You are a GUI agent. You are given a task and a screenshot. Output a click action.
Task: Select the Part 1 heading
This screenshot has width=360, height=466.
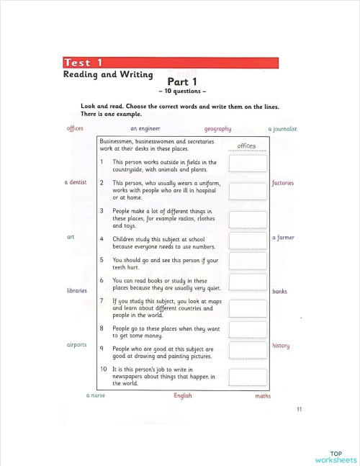182,82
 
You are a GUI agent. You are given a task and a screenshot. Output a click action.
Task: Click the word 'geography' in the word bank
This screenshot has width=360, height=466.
217,129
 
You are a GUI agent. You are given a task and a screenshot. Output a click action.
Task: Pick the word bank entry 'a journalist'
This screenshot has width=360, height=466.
282,129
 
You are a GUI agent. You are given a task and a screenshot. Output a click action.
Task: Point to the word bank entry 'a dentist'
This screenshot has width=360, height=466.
76,183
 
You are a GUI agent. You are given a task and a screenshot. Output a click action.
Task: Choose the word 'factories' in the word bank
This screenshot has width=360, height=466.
283,183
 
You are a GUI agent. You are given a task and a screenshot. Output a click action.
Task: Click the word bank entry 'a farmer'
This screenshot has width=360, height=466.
283,238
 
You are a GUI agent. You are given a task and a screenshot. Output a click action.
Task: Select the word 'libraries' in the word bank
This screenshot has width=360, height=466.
76,290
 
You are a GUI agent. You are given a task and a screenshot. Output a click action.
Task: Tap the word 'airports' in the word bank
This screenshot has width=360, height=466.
76,344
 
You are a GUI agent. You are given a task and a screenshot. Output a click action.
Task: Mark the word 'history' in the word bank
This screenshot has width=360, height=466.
281,346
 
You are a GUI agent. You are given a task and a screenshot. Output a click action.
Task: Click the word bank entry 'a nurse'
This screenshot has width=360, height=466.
96,395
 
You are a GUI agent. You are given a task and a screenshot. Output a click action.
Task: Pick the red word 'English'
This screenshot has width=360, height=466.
183,395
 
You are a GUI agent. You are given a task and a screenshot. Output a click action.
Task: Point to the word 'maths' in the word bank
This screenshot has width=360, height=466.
263,395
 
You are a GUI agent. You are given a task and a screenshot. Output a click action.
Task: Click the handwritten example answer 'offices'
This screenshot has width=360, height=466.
246,146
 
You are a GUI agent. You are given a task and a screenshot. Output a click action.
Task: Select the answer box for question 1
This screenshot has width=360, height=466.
248,164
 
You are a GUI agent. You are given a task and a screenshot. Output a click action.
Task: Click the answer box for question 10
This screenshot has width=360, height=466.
248,377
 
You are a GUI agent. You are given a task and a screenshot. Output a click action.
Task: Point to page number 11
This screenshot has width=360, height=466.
299,410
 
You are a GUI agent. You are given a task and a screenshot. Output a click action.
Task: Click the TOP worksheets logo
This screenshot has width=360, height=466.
336,456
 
